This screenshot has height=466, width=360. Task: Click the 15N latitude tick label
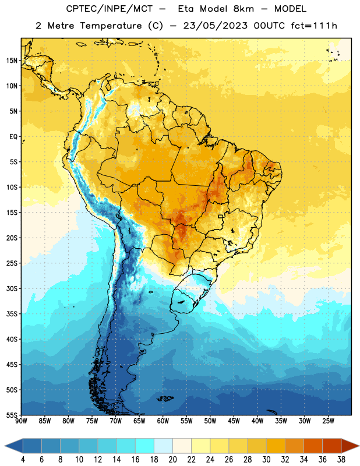[12, 61]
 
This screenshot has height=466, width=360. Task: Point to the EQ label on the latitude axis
[13, 137]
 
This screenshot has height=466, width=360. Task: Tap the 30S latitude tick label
[12, 288]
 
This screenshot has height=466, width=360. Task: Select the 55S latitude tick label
[12, 415]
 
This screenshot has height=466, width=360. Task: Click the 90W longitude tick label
[21, 421]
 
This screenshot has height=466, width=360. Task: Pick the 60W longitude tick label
[163, 421]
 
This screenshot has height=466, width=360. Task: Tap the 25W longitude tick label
[328, 421]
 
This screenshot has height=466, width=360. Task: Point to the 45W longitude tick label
[234, 421]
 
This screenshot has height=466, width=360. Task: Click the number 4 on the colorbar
[23, 460]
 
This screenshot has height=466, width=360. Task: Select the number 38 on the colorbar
[341, 460]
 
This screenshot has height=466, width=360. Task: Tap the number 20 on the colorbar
[172, 460]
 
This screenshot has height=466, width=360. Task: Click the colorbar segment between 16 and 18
[145, 446]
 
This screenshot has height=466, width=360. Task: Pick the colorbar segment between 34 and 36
[313, 446]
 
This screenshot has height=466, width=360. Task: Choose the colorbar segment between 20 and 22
[182, 446]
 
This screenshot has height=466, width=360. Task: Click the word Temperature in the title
[111, 26]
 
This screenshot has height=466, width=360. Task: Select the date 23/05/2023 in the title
[215, 26]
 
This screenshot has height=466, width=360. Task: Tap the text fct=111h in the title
[314, 26]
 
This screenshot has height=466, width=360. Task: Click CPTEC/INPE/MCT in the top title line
[109, 9]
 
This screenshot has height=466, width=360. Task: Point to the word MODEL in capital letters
[290, 9]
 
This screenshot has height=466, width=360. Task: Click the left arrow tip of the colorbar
[5, 446]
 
